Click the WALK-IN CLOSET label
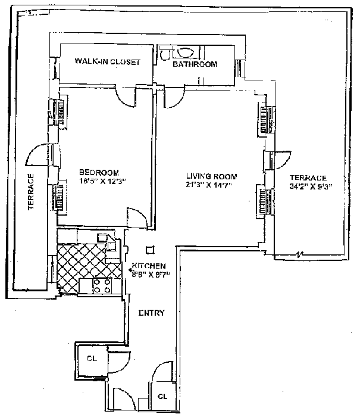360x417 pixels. [x=107, y=62]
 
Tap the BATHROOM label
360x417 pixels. [x=195, y=64]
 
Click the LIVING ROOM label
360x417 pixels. [x=211, y=176]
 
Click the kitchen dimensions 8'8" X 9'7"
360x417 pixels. [x=151, y=274]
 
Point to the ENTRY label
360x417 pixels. [x=151, y=313]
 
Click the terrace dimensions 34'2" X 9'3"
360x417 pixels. [x=310, y=186]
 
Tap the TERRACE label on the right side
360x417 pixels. [x=308, y=178]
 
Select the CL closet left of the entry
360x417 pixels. [x=92, y=359]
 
